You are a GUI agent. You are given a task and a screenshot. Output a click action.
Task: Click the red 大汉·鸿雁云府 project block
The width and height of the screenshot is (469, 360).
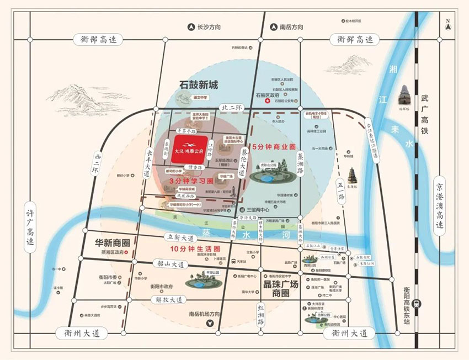[189, 149]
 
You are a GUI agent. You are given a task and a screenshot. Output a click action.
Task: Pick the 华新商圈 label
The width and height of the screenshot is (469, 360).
[108, 242]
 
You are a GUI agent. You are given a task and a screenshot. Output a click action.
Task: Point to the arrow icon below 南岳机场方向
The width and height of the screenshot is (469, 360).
[209, 324]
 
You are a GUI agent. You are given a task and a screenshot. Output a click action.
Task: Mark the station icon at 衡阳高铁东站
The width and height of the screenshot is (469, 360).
[418, 303]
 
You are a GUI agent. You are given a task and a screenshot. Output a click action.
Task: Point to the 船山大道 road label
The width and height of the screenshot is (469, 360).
[172, 264]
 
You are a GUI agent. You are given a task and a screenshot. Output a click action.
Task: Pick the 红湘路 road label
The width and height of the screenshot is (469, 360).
[261, 314]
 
